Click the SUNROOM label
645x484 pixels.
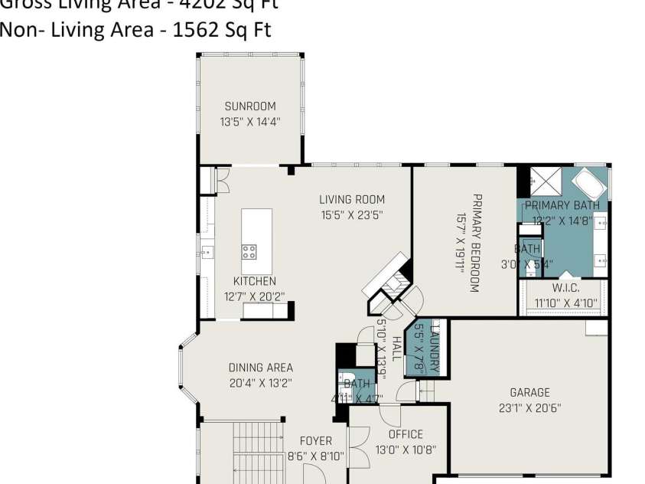(x=250, y=106)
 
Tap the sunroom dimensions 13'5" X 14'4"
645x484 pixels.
(x=250, y=121)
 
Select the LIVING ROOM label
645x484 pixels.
(x=351, y=200)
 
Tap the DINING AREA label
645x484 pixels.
(x=260, y=368)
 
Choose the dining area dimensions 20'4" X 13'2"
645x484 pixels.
(x=260, y=382)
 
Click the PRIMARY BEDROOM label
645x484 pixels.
(x=475, y=243)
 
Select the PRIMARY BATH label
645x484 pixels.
(x=562, y=205)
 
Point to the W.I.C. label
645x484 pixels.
(x=565, y=288)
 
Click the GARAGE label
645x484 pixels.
(x=529, y=393)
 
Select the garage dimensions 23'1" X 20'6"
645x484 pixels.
(x=529, y=407)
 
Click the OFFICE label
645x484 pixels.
(x=405, y=434)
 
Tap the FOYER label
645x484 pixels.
(x=315, y=441)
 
